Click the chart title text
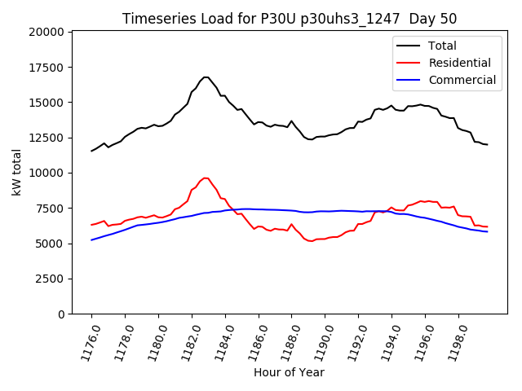pyautogui.click(x=290, y=19)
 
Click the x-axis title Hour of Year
pyautogui.click(x=289, y=372)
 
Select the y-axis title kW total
pyautogui.click(x=17, y=172)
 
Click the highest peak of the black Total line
pyautogui.click(x=206, y=77)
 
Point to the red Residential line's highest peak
pyautogui.click(x=206, y=178)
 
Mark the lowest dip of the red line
pyautogui.click(x=311, y=241)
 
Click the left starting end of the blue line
pyautogui.click(x=91, y=240)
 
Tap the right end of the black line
pyautogui.click(x=487, y=144)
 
